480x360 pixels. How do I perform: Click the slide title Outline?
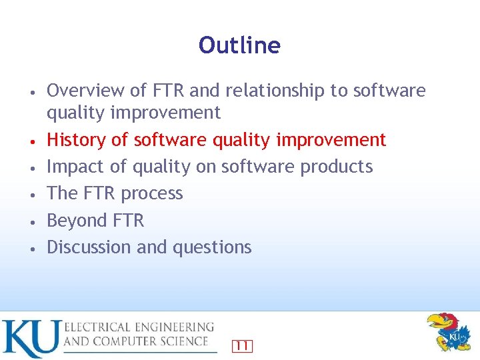tap(239, 45)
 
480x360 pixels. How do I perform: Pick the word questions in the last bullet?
tap(212, 247)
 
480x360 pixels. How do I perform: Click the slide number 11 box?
tap(242, 345)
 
